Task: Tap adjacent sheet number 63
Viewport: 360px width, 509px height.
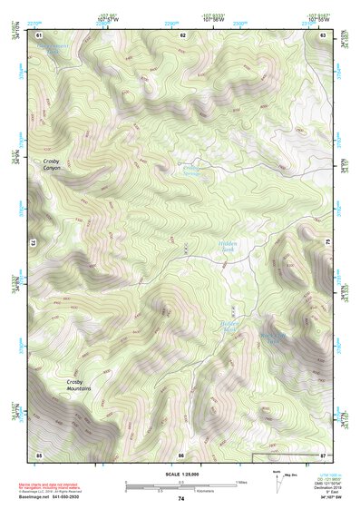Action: (x=323, y=34)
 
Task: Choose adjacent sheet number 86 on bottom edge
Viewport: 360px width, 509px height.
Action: (x=181, y=454)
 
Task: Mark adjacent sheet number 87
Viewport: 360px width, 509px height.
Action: (x=323, y=454)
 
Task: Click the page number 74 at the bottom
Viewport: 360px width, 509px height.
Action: (x=180, y=499)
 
